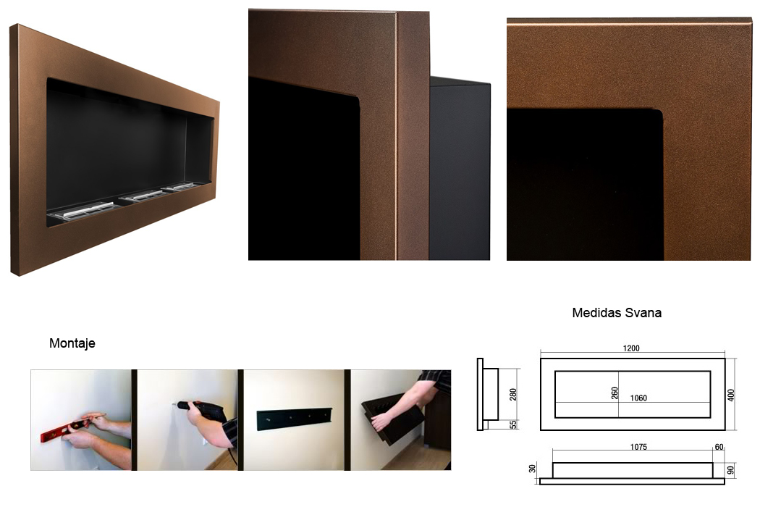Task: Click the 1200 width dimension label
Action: point(630,348)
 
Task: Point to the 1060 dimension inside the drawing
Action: point(638,398)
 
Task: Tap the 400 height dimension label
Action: point(731,395)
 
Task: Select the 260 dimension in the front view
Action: point(615,393)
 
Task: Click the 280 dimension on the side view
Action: point(512,394)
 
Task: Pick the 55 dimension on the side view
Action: point(513,424)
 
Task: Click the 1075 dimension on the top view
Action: point(638,447)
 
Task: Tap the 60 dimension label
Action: point(719,447)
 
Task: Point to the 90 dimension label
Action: point(731,469)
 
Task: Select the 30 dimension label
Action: point(532,468)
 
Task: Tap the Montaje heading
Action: point(72,343)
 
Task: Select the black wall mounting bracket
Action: point(294,418)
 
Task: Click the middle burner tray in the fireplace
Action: point(145,195)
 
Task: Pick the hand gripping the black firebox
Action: point(383,420)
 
